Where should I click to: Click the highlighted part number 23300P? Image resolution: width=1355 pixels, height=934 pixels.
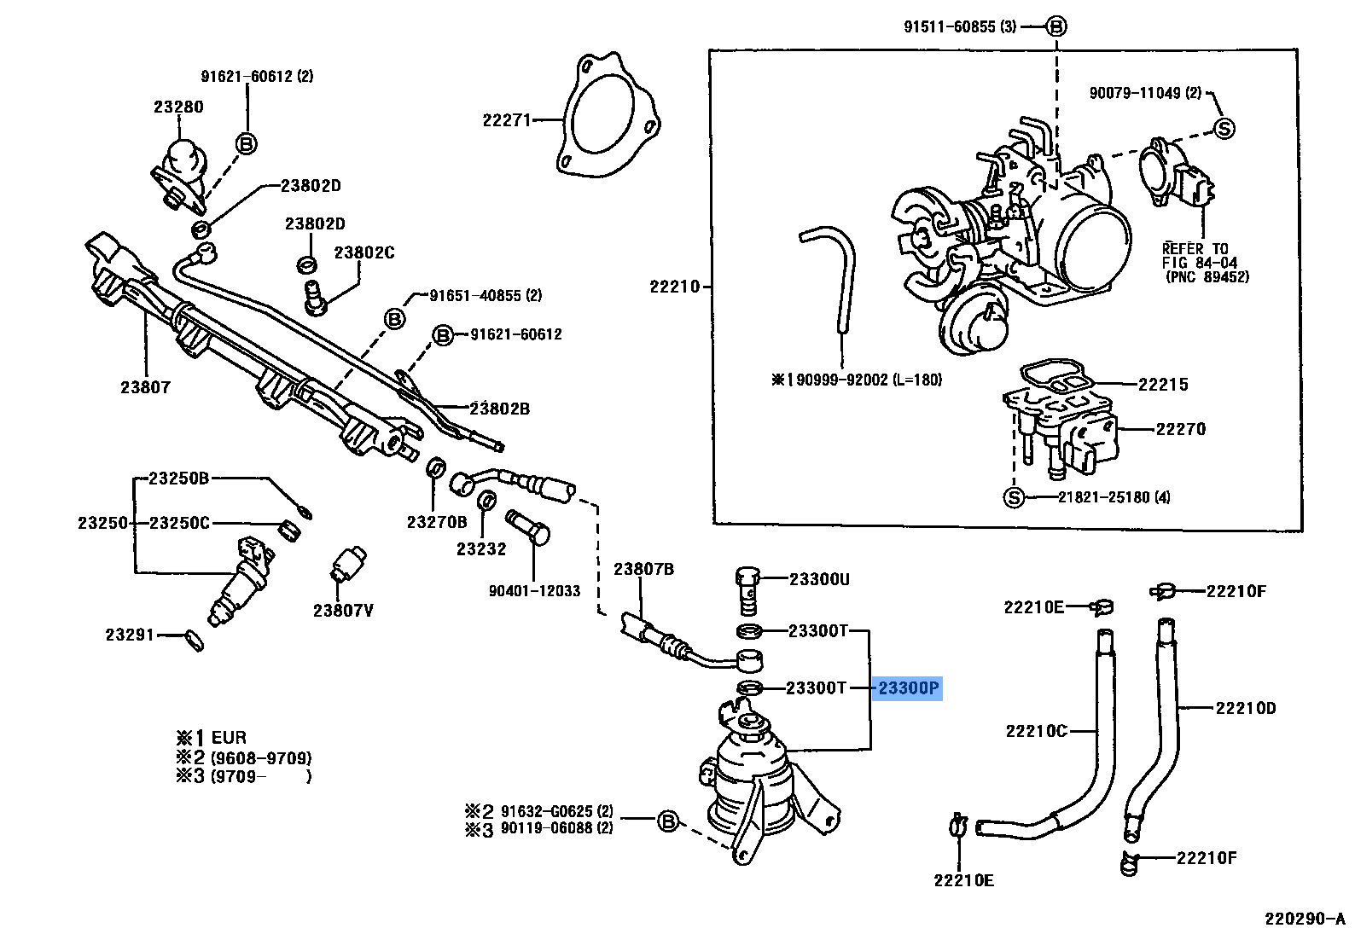pos(908,687)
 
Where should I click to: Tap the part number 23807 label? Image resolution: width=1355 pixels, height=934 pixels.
pos(145,387)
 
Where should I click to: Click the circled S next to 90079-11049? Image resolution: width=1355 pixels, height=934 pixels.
pos(1224,129)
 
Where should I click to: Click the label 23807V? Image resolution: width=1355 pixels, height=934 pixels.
pos(343,611)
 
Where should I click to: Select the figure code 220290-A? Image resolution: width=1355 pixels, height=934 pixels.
pos(1304,919)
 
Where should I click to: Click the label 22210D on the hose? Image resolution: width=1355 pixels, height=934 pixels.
pos(1245,708)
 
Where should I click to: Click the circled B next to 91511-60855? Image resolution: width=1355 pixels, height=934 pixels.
pos(1056,26)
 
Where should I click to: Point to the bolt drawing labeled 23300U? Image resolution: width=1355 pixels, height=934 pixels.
pos(746,589)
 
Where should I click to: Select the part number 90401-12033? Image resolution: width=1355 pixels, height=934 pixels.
pos(534,590)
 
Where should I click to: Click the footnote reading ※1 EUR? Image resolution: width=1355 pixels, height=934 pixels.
pos(212,738)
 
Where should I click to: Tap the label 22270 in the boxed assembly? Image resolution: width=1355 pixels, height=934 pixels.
pos(1180,429)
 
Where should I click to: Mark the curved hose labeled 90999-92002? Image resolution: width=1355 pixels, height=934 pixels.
pos(836,273)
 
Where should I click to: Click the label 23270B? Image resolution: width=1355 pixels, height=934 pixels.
pos(436,522)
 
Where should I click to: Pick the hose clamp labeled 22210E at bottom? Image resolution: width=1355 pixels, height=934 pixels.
pos(957,826)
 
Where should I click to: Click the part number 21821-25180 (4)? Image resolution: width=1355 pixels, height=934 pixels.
pos(1114,497)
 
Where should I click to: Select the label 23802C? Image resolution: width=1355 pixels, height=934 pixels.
pos(364,252)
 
